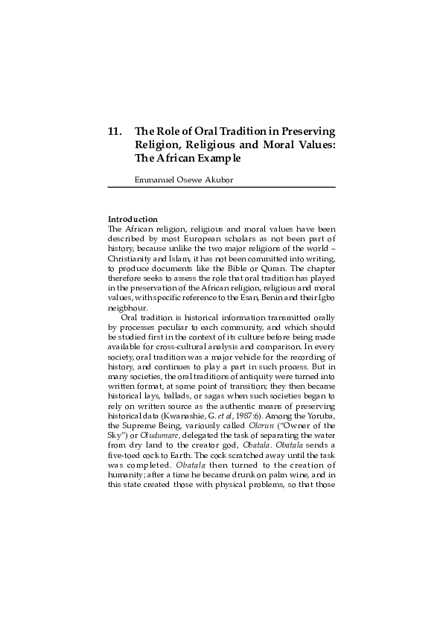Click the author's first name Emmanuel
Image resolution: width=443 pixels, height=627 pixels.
(x=152, y=179)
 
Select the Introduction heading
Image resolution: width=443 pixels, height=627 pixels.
(x=133, y=219)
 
